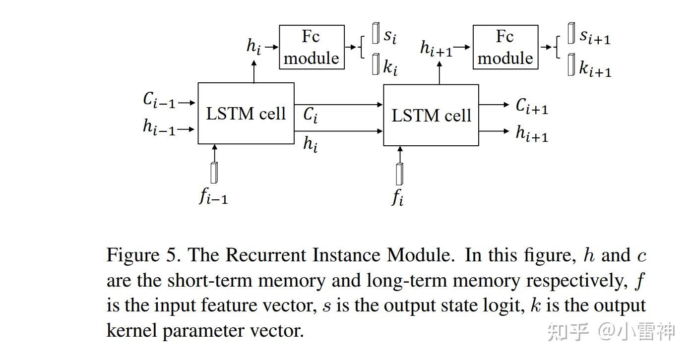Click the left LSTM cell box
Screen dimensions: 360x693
(x=246, y=114)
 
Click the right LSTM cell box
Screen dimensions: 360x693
(x=431, y=115)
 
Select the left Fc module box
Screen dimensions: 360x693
(x=312, y=48)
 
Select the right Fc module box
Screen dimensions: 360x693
(x=505, y=48)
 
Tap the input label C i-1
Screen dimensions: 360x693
(x=159, y=100)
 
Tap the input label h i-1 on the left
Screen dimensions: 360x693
(x=159, y=127)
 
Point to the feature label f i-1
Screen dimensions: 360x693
(x=213, y=197)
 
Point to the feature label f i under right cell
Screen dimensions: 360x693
(x=397, y=198)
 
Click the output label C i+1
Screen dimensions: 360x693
(x=532, y=106)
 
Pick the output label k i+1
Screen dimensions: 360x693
(x=595, y=69)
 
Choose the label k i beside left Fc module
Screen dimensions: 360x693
(x=390, y=67)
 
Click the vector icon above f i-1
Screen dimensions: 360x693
(x=214, y=172)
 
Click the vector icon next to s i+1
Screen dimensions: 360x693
(x=571, y=33)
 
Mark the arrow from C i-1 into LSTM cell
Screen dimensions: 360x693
(x=187, y=103)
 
